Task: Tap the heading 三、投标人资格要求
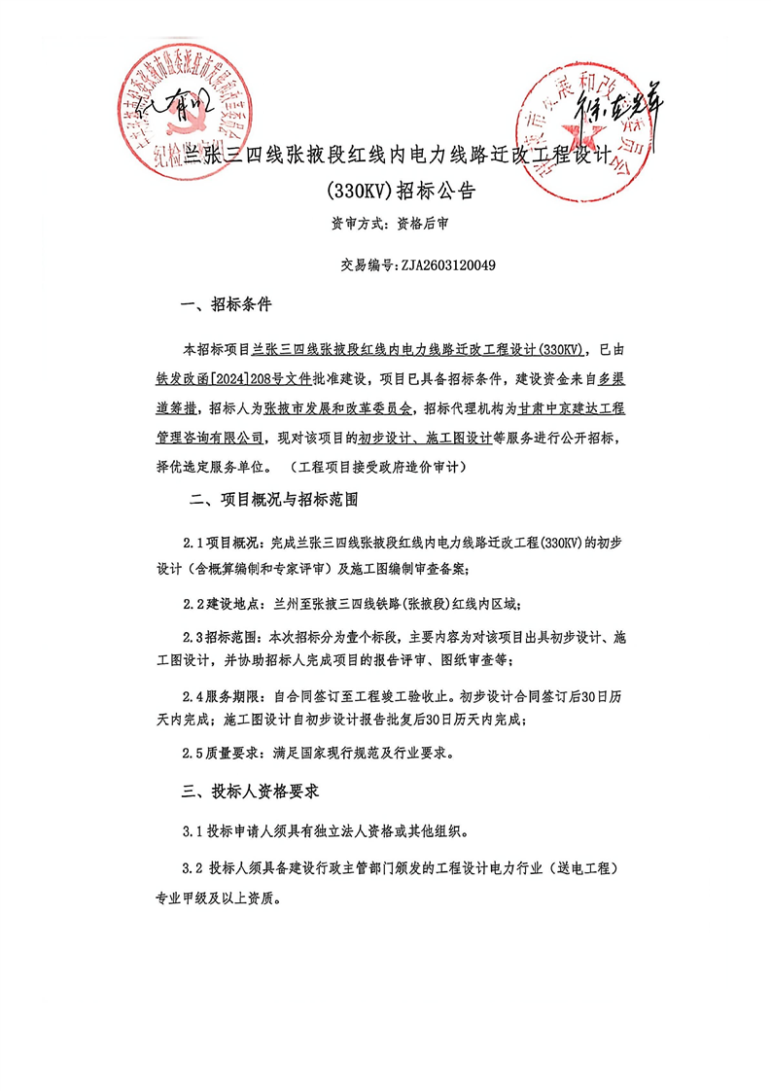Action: click(x=251, y=792)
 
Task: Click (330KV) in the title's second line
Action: click(x=362, y=192)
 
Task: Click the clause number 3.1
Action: click(x=193, y=832)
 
